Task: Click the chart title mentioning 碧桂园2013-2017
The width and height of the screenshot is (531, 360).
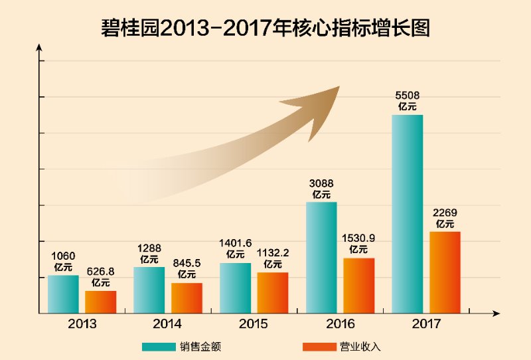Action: (265, 27)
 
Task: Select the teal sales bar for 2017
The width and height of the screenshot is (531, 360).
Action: (407, 213)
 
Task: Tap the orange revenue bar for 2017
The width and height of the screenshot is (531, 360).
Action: (445, 272)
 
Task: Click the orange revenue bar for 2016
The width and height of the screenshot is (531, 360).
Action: (359, 285)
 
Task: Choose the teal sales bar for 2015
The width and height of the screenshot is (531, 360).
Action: (235, 288)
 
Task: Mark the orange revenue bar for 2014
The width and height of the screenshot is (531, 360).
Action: (187, 298)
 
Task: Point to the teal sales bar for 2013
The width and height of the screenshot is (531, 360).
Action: (63, 294)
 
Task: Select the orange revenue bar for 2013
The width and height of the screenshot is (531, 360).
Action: (100, 302)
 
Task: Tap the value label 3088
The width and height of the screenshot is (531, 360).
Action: (321, 183)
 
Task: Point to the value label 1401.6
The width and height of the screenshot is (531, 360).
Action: (235, 244)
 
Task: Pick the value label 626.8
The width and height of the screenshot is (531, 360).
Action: (101, 272)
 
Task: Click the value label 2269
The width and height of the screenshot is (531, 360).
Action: (445, 213)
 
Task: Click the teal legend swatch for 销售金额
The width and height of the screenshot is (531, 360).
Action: (158, 347)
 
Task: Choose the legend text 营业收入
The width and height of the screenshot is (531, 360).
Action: (361, 347)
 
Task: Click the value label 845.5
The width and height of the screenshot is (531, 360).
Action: (187, 264)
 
